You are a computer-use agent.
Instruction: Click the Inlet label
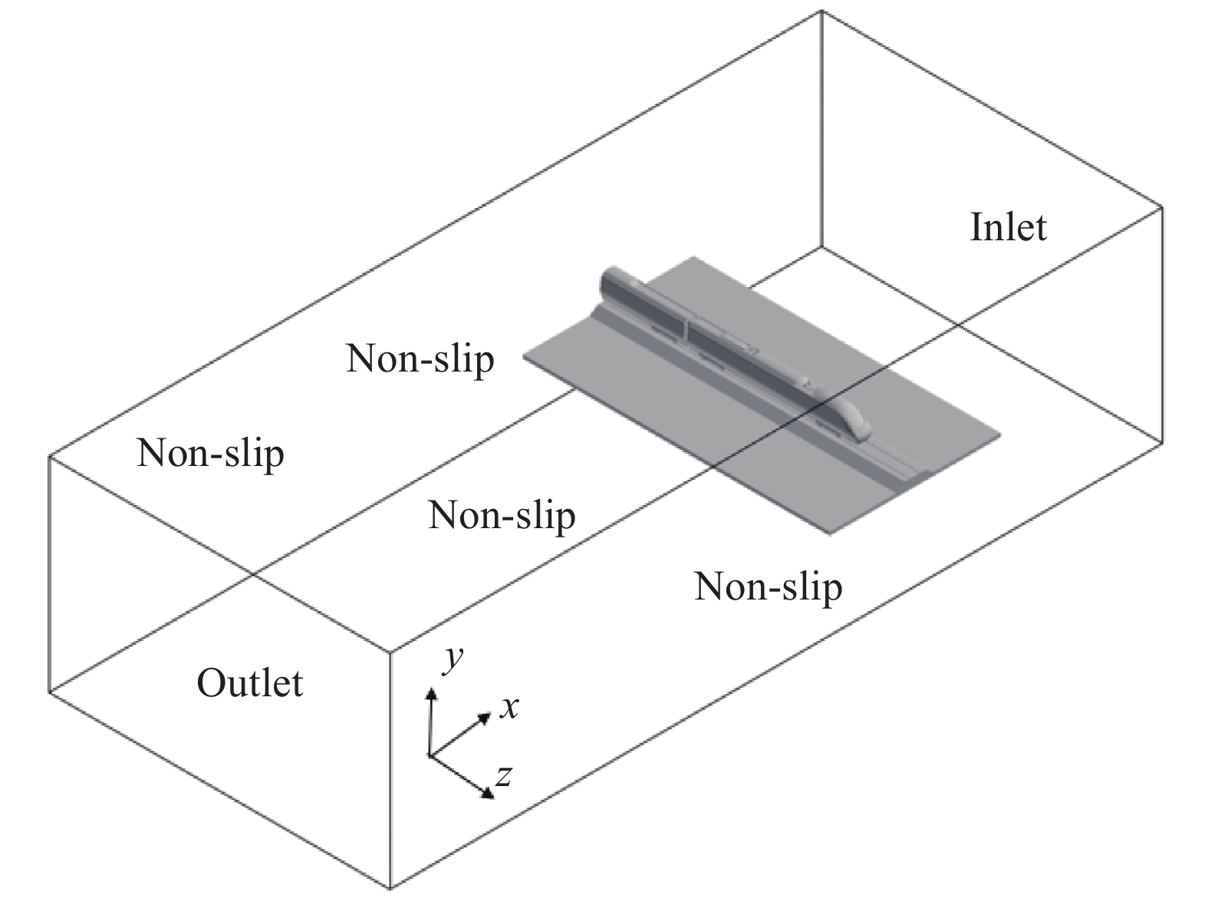tap(1008, 227)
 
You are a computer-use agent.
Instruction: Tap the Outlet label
tap(250, 683)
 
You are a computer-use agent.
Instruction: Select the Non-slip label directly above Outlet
tap(210, 453)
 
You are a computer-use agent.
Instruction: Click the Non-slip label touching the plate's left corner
tap(420, 358)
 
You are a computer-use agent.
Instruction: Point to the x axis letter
tap(509, 707)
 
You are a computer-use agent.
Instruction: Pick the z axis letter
tap(503, 776)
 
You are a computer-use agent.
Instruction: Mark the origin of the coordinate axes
tap(430, 755)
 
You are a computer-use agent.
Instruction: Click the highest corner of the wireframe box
tap(821, 12)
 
